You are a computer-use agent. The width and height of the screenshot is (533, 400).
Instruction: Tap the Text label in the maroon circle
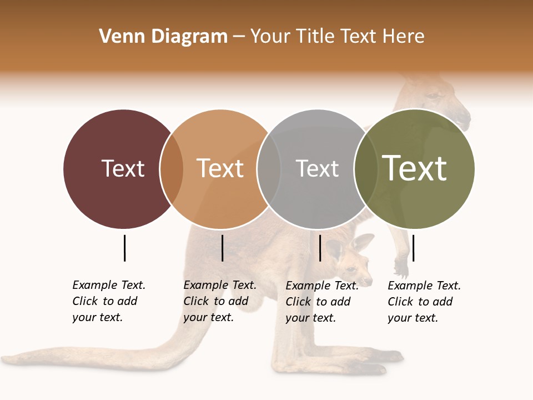(x=123, y=168)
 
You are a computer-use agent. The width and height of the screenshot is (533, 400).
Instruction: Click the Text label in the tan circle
(x=220, y=168)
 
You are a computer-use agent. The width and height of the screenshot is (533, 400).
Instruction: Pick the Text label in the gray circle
(x=317, y=168)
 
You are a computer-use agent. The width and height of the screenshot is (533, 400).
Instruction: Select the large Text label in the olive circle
(x=415, y=168)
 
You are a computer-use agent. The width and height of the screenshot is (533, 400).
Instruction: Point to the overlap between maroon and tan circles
(x=172, y=169)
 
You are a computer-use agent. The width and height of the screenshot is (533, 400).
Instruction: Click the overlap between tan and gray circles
(x=269, y=169)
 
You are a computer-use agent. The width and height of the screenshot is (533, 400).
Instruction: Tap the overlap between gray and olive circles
(x=366, y=169)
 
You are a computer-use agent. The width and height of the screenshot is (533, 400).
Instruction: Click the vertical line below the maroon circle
(x=124, y=248)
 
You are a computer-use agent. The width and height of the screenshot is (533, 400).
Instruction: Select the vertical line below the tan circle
(x=222, y=248)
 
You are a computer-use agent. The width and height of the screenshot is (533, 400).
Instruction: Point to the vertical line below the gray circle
(x=320, y=248)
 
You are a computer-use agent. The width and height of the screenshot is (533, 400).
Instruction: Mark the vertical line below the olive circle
(x=413, y=248)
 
